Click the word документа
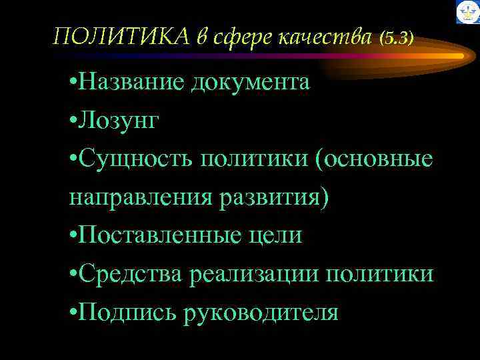(251, 83)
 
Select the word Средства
(132, 274)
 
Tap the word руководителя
(260, 312)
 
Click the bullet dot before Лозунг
(71, 121)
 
